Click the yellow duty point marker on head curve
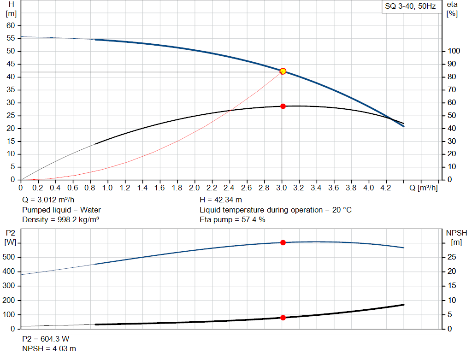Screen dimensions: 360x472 coord(283,71)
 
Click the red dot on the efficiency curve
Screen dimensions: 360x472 coord(283,106)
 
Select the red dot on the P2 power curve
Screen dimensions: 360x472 coord(283,242)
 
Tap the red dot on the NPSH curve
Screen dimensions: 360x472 coord(283,318)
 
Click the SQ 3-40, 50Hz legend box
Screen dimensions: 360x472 coord(410,7)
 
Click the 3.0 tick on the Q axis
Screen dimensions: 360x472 coord(281,188)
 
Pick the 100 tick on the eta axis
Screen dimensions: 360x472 coord(454,51)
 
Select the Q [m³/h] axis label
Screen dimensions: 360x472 coord(424,188)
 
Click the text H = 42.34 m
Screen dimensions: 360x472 coord(221,200)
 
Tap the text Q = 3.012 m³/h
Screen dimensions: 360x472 coord(48,200)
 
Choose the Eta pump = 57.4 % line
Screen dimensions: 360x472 coord(232,220)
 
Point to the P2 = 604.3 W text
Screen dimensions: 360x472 coord(46,339)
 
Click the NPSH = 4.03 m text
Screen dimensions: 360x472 coord(49,348)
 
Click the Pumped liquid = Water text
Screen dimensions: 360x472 coord(62,210)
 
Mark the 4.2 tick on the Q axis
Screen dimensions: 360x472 coord(386,188)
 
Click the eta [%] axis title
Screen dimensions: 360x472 coord(452,9)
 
